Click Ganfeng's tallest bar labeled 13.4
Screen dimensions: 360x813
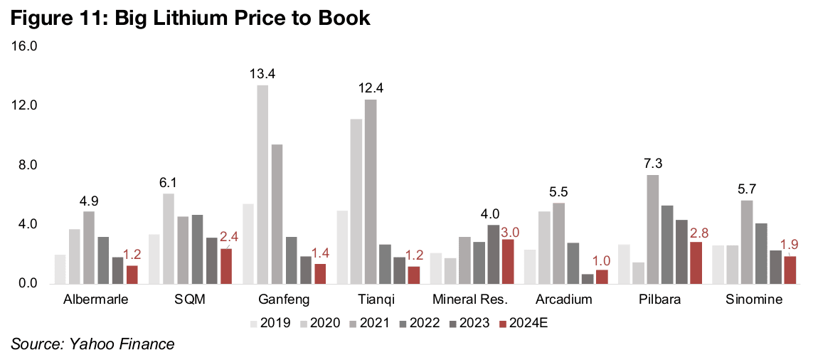click(x=263, y=185)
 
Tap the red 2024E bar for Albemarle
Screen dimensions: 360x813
click(x=132, y=275)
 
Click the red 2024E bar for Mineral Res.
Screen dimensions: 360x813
click(x=508, y=261)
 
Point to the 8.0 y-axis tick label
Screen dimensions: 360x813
click(x=27, y=165)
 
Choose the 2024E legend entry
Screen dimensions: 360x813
click(x=525, y=324)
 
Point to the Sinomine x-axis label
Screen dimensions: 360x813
click(x=755, y=300)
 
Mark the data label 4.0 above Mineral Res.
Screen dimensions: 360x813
click(x=491, y=214)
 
